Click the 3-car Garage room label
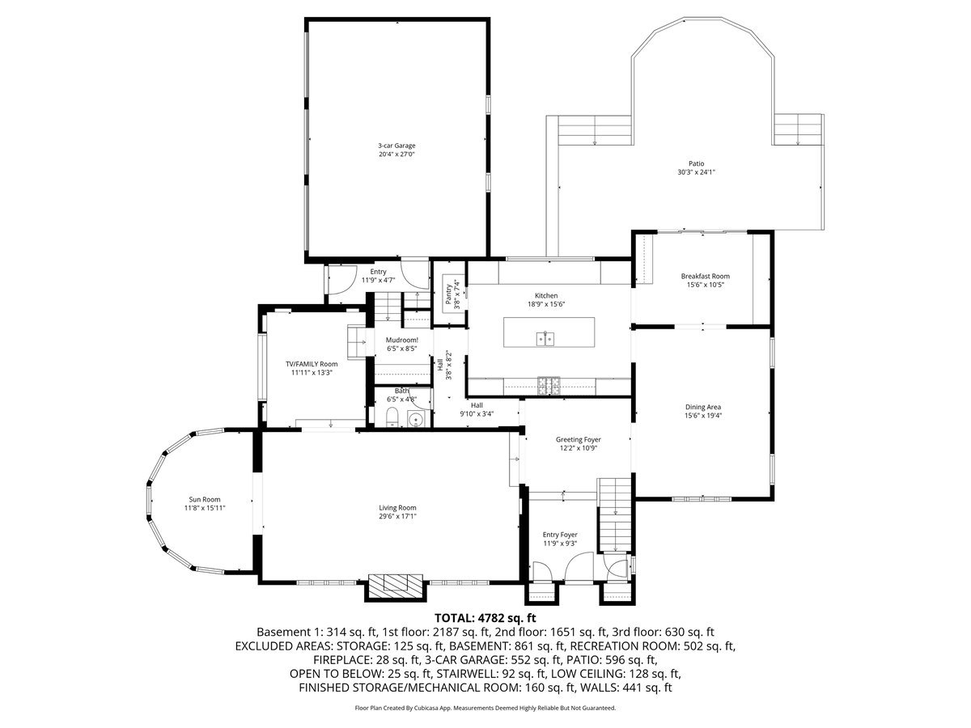coord(396,146)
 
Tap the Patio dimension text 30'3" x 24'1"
coord(697,172)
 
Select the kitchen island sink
coord(545,339)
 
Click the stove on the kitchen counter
coord(549,386)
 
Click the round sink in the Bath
coord(416,418)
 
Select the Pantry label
coord(448,294)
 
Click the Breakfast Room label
coord(705,277)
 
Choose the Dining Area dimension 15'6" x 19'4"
coord(703,416)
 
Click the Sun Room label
coord(205,499)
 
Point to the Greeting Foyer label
coord(579,439)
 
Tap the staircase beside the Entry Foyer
coord(614,515)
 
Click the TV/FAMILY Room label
coord(312,364)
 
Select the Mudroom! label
coord(401,340)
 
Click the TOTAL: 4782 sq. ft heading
coord(485,617)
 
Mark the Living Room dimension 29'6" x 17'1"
coord(397,516)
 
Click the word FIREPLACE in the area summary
coord(337,660)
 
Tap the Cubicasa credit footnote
coord(485,708)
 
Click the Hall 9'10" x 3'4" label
coord(477,409)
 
